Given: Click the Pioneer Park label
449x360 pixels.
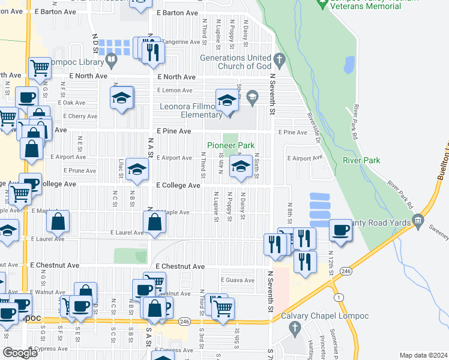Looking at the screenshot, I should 231,145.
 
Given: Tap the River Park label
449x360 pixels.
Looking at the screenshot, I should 361,160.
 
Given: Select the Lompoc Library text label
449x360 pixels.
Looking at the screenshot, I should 76,61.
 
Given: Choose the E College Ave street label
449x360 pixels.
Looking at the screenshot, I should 178,185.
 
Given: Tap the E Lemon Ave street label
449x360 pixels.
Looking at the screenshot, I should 175,90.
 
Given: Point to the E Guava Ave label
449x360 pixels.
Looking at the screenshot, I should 238,280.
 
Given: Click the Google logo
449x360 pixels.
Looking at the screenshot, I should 20,353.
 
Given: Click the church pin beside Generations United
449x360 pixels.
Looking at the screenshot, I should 278,59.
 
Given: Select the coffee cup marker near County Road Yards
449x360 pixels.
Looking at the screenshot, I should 340,230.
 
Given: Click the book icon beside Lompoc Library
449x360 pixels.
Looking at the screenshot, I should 111,60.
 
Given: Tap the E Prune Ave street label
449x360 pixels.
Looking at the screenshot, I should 83,170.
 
